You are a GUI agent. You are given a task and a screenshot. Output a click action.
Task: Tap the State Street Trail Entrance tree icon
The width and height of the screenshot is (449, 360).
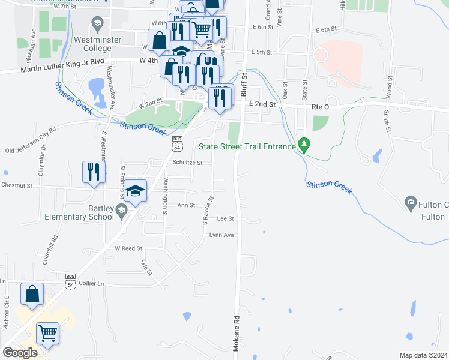coord(304,145)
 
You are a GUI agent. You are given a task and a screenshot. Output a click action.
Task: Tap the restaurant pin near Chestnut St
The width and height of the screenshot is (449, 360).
coord(94,172)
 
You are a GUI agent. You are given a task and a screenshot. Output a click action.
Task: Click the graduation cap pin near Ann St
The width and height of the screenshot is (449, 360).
coord(136,191)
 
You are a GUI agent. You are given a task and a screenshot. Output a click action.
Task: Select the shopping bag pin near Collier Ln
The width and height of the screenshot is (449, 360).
coord(32,294)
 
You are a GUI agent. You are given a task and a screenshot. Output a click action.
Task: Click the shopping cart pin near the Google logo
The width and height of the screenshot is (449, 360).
coord(48,333)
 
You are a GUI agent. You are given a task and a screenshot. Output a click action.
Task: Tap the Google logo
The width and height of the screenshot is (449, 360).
coord(20,353)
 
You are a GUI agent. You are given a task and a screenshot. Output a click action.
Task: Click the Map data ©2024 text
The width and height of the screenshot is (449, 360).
coord(423,355)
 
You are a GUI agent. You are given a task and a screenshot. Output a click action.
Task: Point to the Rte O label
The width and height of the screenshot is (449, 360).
coord(321,106)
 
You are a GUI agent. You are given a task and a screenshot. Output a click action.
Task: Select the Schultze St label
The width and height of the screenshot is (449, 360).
coord(188,162)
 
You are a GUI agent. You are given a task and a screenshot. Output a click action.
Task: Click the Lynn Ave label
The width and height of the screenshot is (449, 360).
coord(221,235)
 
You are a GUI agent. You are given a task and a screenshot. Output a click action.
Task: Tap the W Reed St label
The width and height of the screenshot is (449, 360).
coord(128,248)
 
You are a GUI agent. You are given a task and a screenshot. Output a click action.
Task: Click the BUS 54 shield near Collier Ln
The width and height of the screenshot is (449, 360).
coord(71,278)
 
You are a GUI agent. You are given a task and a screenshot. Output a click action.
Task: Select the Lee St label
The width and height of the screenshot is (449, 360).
coord(225,219)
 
